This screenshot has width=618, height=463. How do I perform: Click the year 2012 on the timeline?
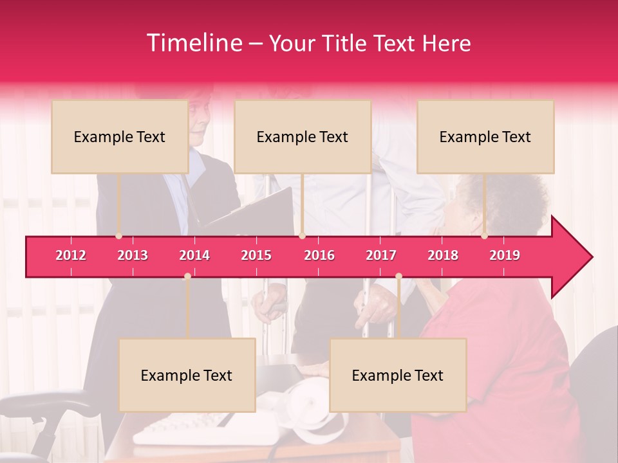71,255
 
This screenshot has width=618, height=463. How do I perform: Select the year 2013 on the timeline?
133,255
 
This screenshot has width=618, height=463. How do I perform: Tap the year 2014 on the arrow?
194,255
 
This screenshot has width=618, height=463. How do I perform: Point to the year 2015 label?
256,255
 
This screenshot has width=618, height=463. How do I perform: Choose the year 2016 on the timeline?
319,255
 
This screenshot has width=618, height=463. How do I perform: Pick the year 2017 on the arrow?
381,255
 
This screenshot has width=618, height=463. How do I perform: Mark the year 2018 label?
443,255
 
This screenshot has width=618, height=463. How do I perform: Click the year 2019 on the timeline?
505,255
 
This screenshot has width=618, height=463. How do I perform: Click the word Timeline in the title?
193,43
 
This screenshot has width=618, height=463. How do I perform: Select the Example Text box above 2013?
120,136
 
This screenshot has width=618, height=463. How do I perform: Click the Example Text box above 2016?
303,136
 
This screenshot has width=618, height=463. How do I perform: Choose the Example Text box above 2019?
485,136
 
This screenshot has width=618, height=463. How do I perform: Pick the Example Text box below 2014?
187,375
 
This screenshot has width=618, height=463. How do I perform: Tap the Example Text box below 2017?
398,375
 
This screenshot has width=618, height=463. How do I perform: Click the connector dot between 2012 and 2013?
118,236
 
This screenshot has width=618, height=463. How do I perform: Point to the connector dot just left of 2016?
302,236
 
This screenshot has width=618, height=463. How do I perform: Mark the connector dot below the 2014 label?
187,277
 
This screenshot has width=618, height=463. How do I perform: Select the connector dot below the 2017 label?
398,277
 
